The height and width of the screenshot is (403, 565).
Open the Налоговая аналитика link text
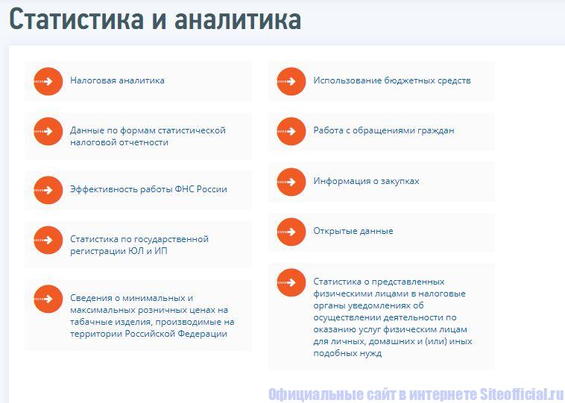tap(117, 80)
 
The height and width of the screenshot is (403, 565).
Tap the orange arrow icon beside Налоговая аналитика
tap(48, 81)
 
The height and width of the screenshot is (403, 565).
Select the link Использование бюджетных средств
tap(391, 80)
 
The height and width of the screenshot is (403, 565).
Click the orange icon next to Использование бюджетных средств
tap(291, 81)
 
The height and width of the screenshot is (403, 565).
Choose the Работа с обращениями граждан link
tap(383, 130)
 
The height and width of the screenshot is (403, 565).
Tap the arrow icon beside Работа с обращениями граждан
tap(291, 131)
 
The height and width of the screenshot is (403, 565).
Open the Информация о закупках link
tap(366, 181)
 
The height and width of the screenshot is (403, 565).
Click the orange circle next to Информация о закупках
tap(291, 182)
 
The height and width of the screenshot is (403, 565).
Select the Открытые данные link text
tap(353, 231)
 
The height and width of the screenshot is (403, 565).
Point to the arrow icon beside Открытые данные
tap(291, 232)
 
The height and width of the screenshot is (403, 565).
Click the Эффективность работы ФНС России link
tap(148, 189)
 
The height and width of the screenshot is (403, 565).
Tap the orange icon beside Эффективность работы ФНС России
tap(48, 190)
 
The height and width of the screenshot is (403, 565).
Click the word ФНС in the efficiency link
tap(185, 189)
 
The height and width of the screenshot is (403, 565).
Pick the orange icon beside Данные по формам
tap(48, 131)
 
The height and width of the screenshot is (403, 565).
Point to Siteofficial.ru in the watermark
tap(522, 394)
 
